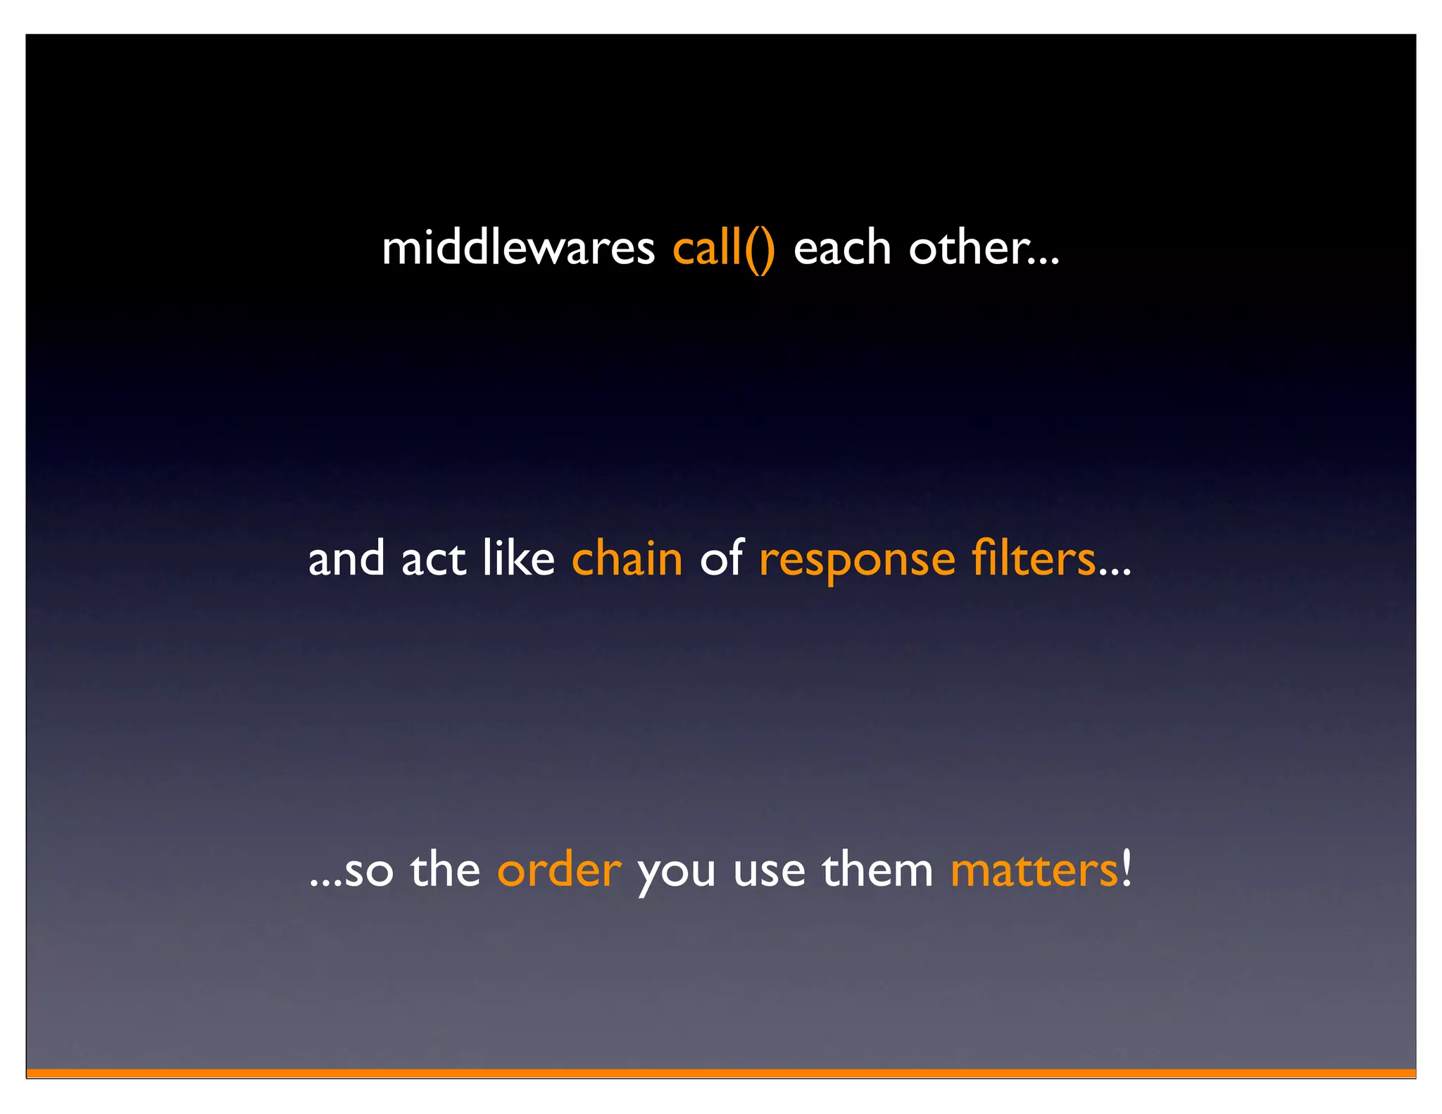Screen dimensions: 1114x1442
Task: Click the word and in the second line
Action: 346,560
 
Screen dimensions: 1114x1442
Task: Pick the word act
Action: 433,560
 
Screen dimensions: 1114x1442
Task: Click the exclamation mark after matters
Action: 1127,868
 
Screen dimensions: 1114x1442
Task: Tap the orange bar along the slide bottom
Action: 721,1072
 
